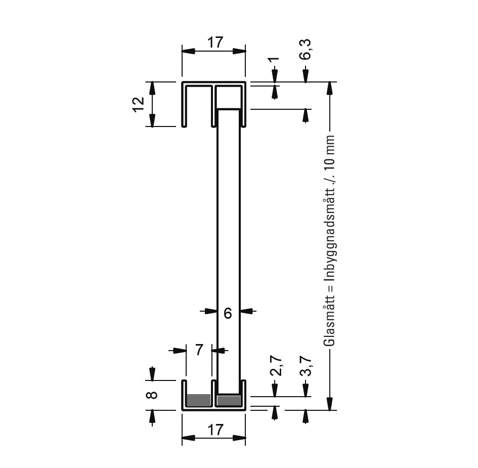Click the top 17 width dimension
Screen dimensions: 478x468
[x=215, y=42]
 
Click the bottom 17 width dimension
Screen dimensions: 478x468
[x=215, y=430]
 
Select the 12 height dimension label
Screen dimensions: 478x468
[x=139, y=105]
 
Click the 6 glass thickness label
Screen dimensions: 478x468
[x=228, y=313]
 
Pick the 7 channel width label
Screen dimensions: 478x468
[x=199, y=350]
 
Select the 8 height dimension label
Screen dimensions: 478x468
[x=152, y=395]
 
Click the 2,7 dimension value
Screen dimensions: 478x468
[x=276, y=366]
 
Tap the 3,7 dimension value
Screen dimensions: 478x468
[x=306, y=366]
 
